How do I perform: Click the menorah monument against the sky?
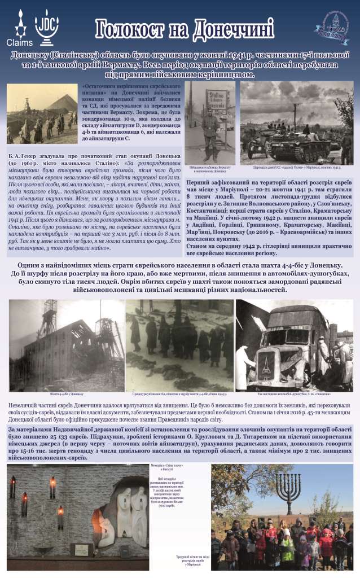click(x=291, y=492)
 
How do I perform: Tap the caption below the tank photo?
click(x=296, y=168)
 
